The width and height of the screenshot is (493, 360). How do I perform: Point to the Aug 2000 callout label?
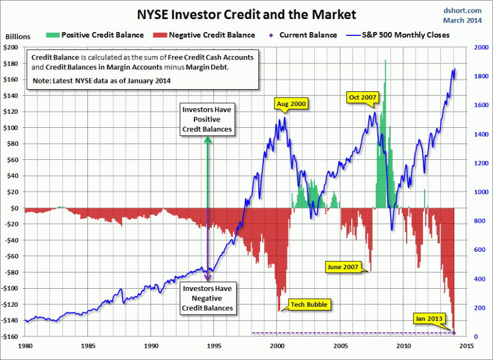pyautogui.click(x=291, y=104)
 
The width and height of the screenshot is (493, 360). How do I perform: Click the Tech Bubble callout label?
pyautogui.click(x=309, y=305)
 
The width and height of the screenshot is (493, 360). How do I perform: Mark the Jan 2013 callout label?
pyautogui.click(x=429, y=319)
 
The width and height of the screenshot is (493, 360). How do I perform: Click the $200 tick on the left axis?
pyautogui.click(x=11, y=48)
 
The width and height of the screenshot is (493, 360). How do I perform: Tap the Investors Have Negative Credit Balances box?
pyautogui.click(x=207, y=298)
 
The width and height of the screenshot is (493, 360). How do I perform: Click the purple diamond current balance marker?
pyautogui.click(x=454, y=333)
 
